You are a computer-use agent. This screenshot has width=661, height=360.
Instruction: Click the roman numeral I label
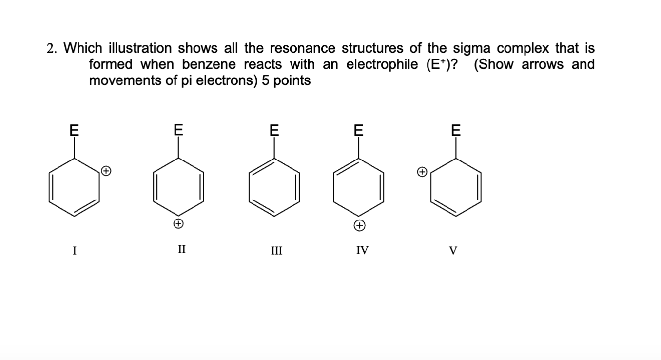(x=74, y=251)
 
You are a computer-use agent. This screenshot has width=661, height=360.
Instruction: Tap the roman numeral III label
(x=276, y=251)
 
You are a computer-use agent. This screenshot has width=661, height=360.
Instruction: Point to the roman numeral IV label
(x=362, y=251)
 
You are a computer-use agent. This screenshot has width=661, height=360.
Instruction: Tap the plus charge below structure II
(x=179, y=224)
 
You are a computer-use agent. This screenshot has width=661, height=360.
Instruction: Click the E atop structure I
(x=74, y=130)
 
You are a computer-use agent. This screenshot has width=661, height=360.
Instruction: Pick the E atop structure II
(x=179, y=130)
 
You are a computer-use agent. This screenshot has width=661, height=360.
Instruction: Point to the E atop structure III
(x=275, y=130)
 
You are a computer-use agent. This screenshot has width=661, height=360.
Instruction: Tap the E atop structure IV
(x=359, y=130)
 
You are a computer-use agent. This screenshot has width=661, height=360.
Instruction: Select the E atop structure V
(x=456, y=130)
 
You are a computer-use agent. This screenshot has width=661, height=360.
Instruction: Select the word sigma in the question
(x=473, y=48)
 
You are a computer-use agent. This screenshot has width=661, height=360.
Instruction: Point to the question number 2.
(x=50, y=48)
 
